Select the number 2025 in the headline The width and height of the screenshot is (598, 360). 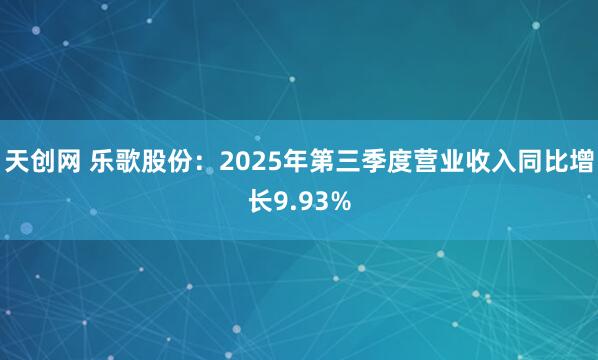(x=251, y=160)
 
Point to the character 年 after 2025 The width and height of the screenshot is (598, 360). (x=297, y=160)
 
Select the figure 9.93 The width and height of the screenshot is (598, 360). (x=301, y=204)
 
